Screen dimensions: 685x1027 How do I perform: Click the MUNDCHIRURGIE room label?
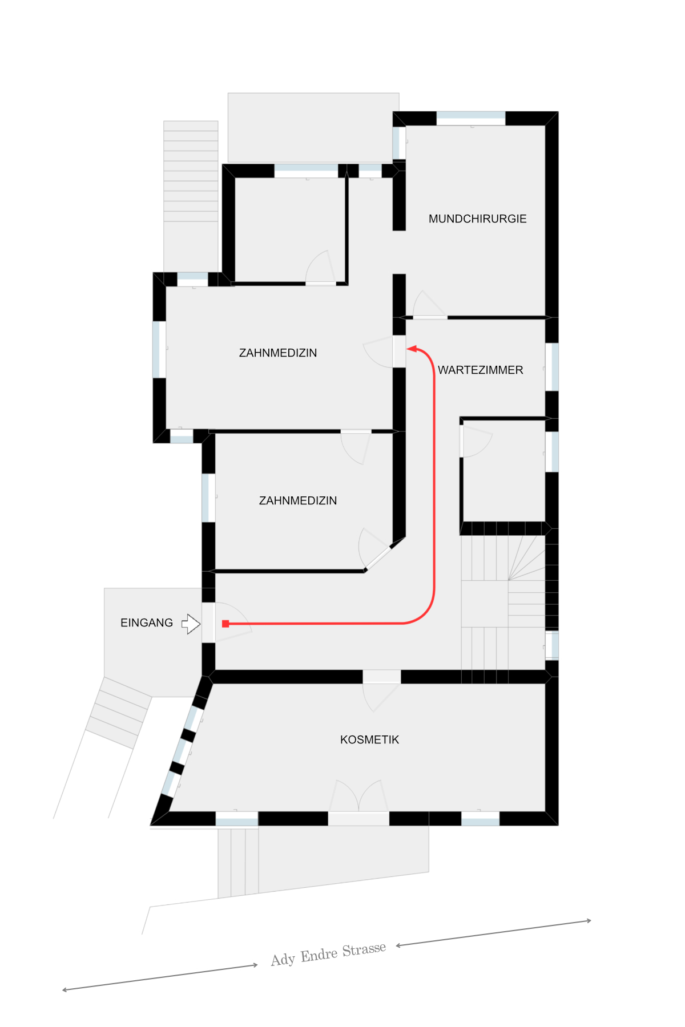(x=477, y=219)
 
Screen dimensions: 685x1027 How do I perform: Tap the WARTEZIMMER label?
(x=480, y=370)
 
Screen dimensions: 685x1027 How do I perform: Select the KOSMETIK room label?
(x=369, y=739)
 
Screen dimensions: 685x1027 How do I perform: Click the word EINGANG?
(x=146, y=622)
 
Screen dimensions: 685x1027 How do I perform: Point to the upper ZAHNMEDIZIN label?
(x=278, y=353)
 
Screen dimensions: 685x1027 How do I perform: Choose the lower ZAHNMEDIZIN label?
(x=298, y=500)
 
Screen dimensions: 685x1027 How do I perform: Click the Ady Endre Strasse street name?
(x=328, y=954)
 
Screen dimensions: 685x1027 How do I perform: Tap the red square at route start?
(x=225, y=624)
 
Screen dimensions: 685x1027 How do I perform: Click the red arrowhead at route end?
(x=412, y=349)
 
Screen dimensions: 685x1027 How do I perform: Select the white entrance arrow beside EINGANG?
(x=191, y=624)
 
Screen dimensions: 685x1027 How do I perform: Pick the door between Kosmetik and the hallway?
(x=381, y=691)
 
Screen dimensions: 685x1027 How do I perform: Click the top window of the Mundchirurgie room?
(x=471, y=119)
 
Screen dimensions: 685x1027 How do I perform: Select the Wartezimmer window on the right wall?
(x=551, y=367)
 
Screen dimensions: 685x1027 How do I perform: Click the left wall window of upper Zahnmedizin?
(x=159, y=350)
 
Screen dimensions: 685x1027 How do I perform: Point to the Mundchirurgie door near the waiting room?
(x=430, y=305)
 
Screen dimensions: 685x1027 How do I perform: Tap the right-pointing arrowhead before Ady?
(x=255, y=965)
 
